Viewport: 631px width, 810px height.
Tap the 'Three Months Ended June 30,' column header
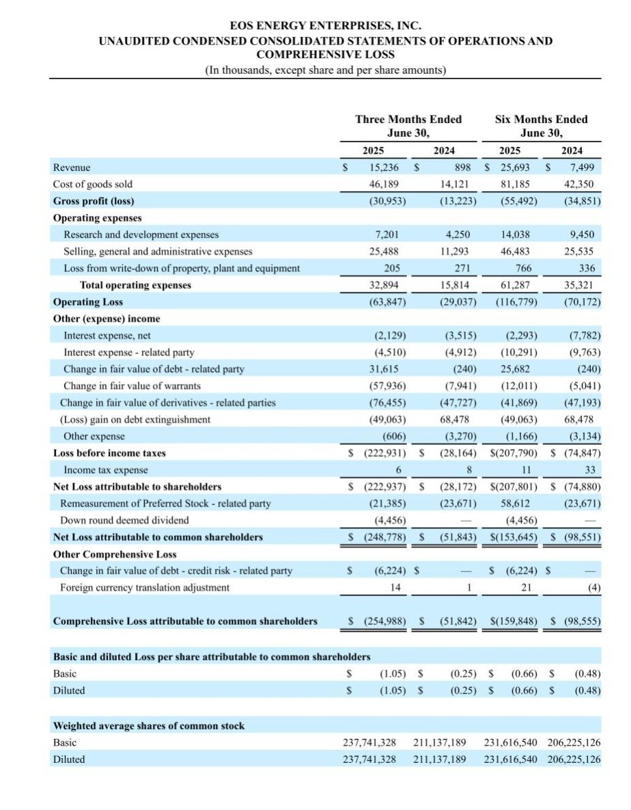(408, 126)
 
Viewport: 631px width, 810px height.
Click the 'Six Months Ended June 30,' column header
(541, 126)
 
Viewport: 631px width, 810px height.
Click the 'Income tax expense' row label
(105, 470)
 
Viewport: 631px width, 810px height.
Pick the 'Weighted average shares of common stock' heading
(148, 725)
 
